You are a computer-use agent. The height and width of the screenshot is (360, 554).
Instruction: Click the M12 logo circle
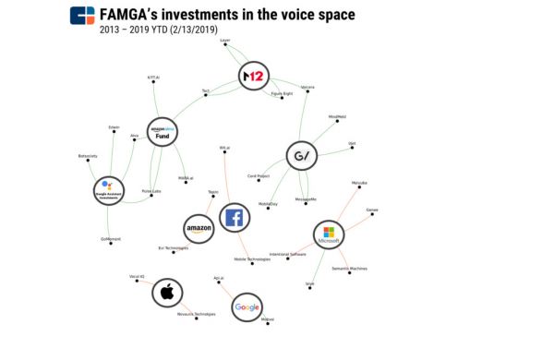pos(251,75)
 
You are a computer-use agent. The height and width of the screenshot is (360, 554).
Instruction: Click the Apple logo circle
pos(167,294)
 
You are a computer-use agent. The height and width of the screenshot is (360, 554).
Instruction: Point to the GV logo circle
pos(301,154)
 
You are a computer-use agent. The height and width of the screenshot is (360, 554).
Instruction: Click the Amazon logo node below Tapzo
pos(199,227)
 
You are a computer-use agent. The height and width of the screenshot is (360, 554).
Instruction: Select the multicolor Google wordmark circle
pos(247,306)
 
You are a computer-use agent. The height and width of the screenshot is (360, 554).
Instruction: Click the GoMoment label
pos(111,239)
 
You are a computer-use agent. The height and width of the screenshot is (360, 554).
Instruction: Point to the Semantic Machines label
pos(350,269)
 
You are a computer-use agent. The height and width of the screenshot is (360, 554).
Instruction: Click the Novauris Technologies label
pos(196,314)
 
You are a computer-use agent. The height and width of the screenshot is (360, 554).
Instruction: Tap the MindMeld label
pos(336,117)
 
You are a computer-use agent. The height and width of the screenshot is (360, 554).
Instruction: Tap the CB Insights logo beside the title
pos(83,17)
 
